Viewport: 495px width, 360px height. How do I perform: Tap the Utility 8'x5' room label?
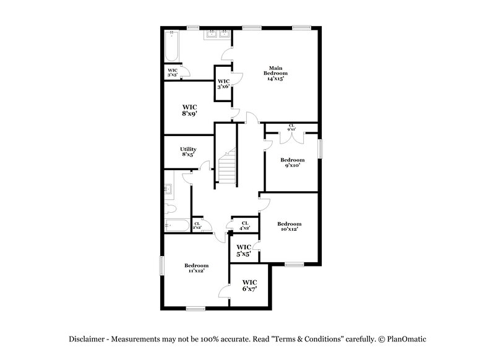tap(189, 152)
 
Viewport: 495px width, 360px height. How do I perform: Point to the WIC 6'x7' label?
tap(249, 285)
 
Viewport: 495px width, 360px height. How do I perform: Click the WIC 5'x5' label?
tap(244, 250)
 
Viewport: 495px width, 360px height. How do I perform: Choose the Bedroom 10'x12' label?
tap(289, 226)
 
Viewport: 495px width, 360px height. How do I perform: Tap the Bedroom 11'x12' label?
tap(196, 268)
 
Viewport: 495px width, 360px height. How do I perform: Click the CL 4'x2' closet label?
tap(244, 225)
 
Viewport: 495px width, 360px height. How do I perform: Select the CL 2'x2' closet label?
tap(197, 226)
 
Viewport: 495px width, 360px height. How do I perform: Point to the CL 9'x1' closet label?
tap(291, 127)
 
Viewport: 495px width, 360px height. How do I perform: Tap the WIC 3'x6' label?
tap(223, 84)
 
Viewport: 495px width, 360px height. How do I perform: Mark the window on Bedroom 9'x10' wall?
tap(321, 149)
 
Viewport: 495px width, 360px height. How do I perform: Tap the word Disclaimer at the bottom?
tap(87, 339)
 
